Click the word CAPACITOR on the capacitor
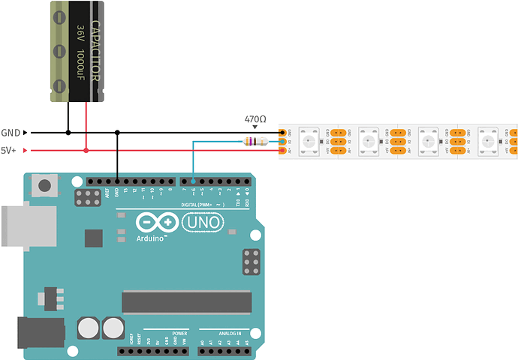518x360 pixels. coord(95,50)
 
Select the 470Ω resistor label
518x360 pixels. coord(255,118)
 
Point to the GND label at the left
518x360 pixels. coord(11,133)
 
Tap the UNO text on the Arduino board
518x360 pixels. coord(200,222)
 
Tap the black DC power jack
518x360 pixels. coord(38,333)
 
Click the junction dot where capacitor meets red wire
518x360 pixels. coord(86,151)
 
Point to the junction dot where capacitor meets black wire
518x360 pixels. coord(68,133)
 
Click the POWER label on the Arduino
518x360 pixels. coord(179,332)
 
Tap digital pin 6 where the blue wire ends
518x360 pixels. coord(194,181)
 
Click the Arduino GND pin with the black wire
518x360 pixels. coord(117,181)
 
